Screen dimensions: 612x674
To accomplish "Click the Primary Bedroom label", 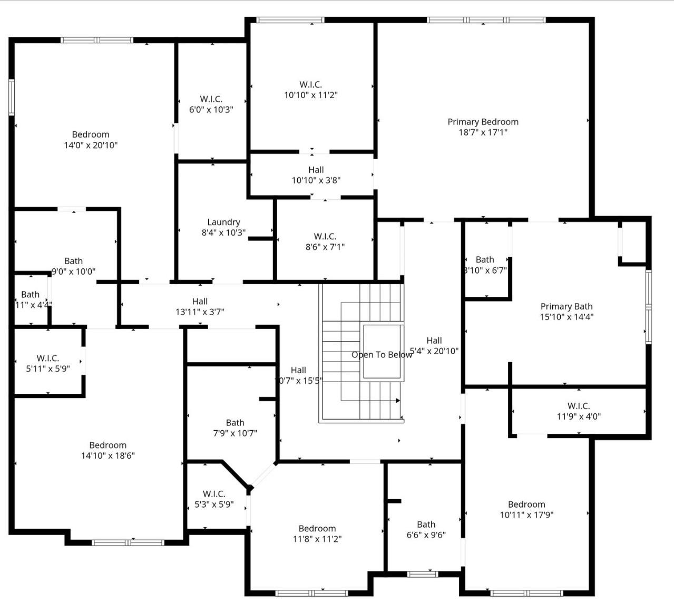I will tap(483, 122).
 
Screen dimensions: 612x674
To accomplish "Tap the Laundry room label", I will tap(223, 222).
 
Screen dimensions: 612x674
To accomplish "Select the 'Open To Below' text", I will tap(382, 355).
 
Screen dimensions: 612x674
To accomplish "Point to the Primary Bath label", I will tap(566, 307).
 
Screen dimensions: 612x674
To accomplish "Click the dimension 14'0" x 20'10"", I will tap(91, 145).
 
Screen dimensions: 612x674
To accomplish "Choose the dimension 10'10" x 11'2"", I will tap(311, 95).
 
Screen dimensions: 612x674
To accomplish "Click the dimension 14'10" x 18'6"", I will tap(108, 456).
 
